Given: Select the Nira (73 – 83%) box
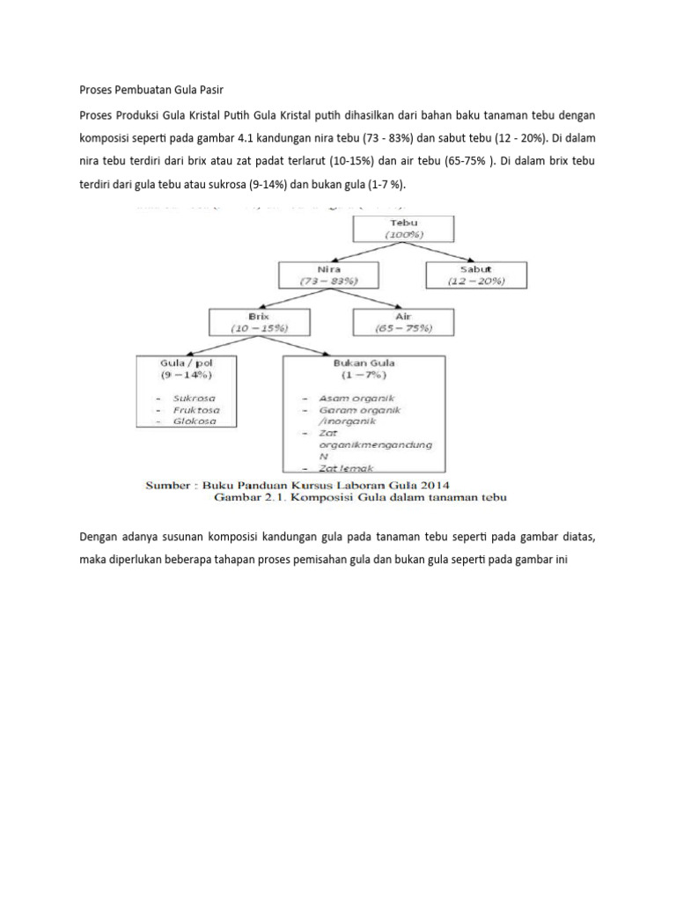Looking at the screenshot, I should click(330, 275).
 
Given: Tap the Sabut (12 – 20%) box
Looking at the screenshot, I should click(476, 275).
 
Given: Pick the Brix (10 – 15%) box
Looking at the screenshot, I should click(260, 321).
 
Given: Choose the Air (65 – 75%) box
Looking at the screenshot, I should click(404, 321).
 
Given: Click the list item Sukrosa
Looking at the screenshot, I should click(196, 397).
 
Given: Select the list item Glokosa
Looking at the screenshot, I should click(196, 421).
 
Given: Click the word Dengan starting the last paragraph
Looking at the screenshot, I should click(99, 536).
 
